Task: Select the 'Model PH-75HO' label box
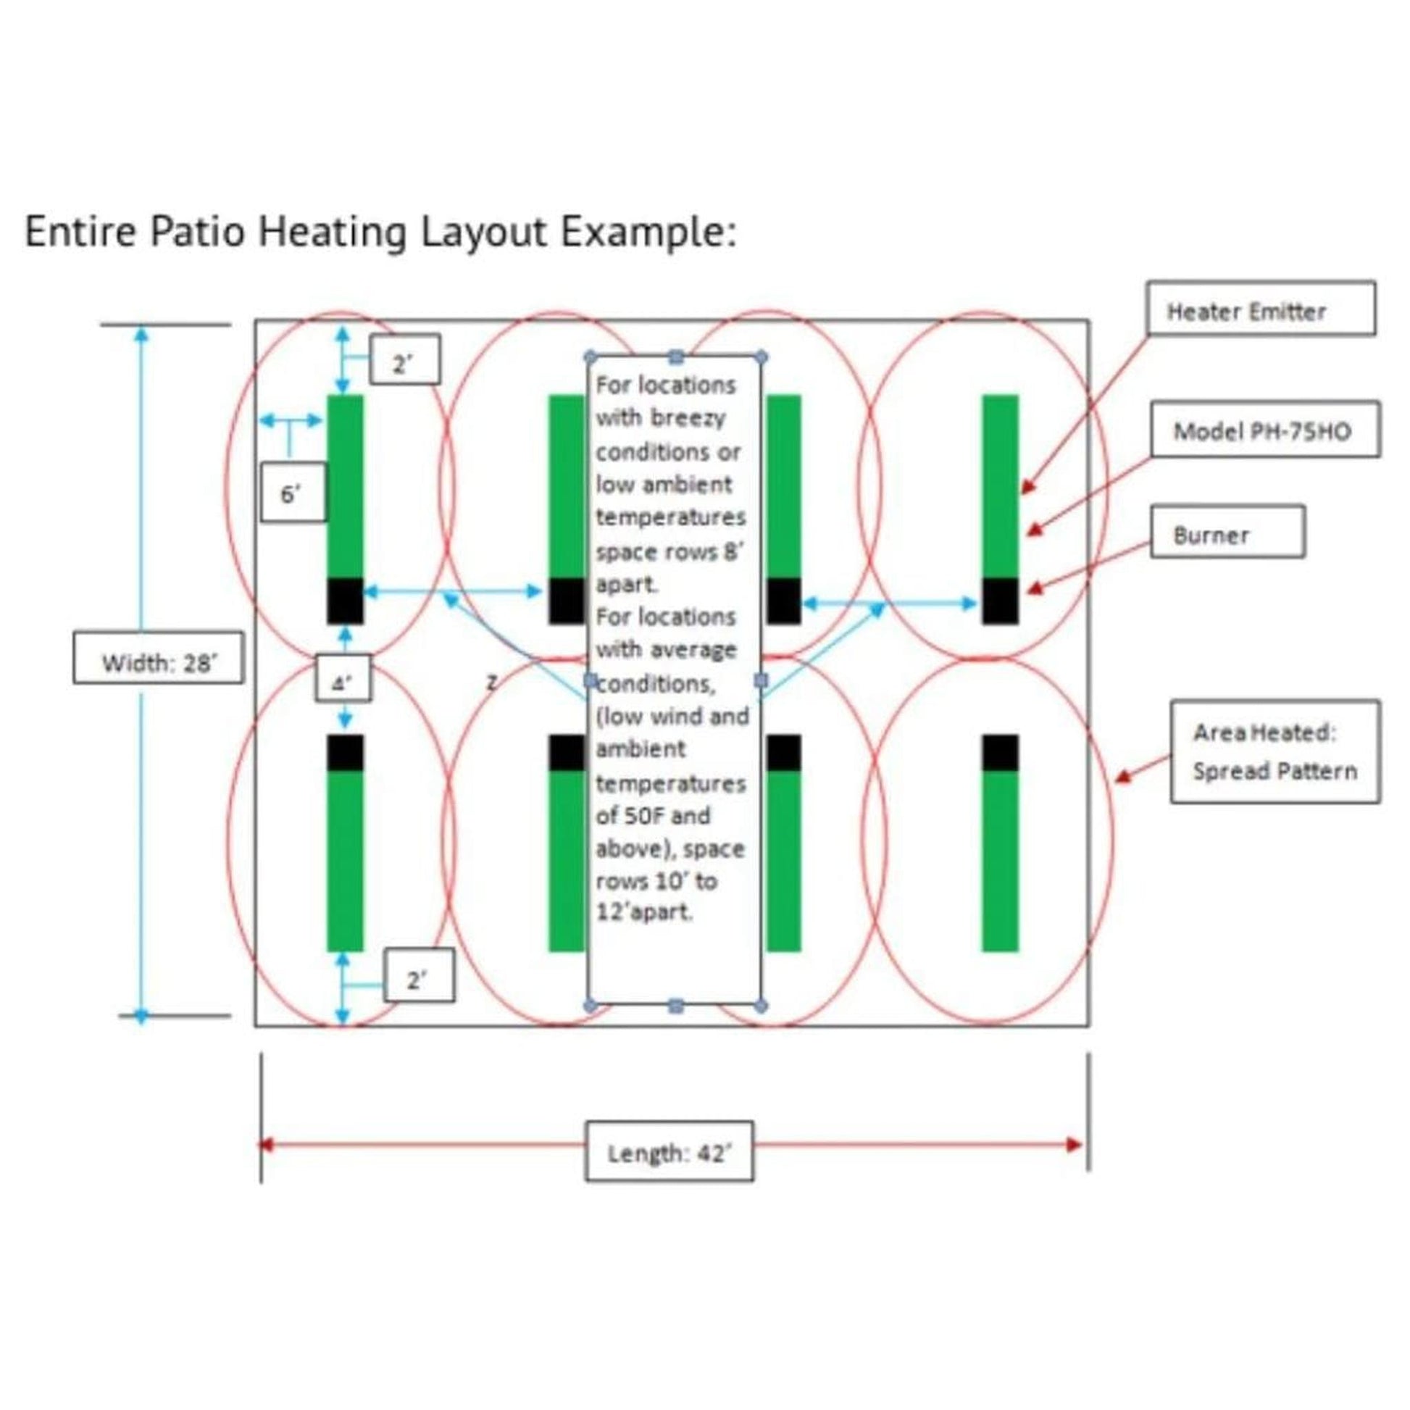(x=1265, y=430)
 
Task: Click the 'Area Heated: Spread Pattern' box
(x=1275, y=751)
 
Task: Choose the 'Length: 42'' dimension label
(x=669, y=1152)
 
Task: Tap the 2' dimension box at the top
(x=404, y=359)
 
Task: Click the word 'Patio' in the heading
(x=197, y=232)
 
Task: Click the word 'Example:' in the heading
(x=648, y=232)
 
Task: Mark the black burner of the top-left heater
(x=345, y=601)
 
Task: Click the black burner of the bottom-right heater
(x=1000, y=753)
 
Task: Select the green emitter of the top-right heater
(x=1000, y=485)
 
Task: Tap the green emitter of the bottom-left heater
(x=345, y=862)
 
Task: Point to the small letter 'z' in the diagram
(x=492, y=683)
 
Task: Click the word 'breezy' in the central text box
(x=688, y=418)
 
